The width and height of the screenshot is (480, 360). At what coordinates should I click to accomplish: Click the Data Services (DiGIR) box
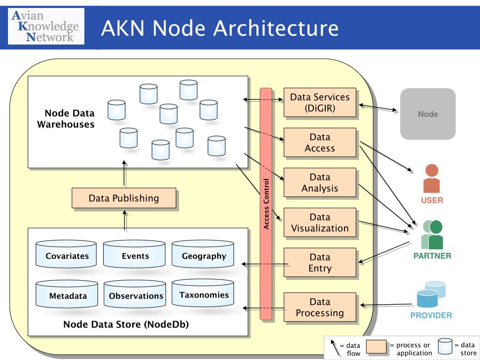tap(320, 103)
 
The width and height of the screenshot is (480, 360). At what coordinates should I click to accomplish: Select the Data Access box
tap(320, 142)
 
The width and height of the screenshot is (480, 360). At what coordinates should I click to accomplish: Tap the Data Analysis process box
tap(320, 182)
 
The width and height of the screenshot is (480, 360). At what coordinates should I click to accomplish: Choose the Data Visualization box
tap(320, 223)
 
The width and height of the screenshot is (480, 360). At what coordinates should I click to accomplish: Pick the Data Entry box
tap(320, 262)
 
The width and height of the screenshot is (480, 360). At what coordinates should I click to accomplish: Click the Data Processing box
tap(320, 307)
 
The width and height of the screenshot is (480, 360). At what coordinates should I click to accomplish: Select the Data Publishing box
tap(124, 198)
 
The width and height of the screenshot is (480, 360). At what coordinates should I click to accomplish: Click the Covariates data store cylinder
tap(66, 254)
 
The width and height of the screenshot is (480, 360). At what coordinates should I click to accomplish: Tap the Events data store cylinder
tap(134, 254)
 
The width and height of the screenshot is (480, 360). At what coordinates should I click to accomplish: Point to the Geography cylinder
tap(202, 254)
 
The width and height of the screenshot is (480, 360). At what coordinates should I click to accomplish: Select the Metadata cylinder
tap(67, 294)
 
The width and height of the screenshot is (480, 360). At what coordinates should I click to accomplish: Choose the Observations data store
tap(135, 294)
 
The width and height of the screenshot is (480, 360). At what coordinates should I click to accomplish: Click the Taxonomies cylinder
tap(202, 292)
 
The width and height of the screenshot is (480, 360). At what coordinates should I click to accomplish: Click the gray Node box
tap(428, 114)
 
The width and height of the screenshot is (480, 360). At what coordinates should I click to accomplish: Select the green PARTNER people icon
tap(432, 234)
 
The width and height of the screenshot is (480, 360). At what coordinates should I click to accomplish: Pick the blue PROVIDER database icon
tap(431, 294)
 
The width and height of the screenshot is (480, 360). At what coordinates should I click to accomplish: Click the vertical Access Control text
tap(266, 204)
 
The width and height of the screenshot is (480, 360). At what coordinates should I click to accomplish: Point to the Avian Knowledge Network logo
tap(46, 26)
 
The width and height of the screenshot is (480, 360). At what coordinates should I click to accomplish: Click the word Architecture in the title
tap(276, 28)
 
